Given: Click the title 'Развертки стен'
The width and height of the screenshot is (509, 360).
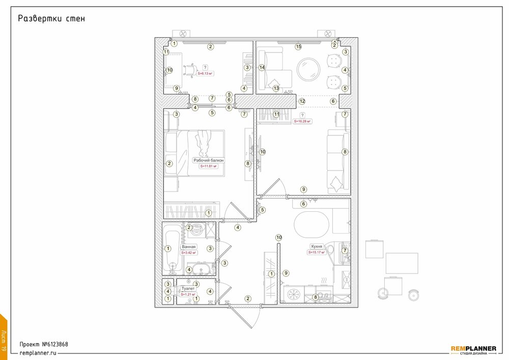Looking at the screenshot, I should (x=51, y=19).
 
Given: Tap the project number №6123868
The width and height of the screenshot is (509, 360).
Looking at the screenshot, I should (x=43, y=344).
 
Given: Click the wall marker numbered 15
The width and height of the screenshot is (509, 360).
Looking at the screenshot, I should (x=299, y=47).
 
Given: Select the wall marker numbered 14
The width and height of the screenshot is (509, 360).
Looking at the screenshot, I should (x=262, y=67).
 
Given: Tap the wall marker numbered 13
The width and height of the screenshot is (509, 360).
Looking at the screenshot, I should (x=276, y=88).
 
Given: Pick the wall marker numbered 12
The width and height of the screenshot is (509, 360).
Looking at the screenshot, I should (x=302, y=101).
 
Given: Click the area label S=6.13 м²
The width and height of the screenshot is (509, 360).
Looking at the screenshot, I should (x=205, y=73).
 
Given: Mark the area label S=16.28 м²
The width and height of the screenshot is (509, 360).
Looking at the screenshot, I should (x=302, y=122).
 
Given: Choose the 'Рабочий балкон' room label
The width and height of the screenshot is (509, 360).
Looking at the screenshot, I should (x=208, y=160).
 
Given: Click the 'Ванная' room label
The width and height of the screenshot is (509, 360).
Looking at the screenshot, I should (x=188, y=246).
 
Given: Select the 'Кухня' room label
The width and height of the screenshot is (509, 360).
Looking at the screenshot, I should (x=316, y=246).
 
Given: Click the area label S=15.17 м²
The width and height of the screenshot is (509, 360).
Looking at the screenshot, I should (x=316, y=252).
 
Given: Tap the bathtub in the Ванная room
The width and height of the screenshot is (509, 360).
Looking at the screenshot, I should (x=172, y=251).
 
